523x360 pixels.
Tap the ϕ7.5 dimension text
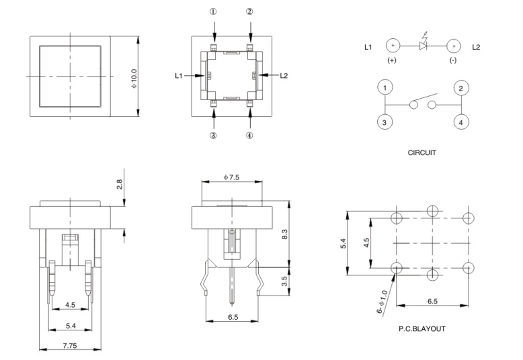(231, 177)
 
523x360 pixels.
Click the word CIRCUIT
(422, 152)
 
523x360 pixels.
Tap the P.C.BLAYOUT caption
(422, 329)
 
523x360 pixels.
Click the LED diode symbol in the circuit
(423, 46)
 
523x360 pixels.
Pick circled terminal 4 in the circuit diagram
(461, 122)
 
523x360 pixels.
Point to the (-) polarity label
(453, 60)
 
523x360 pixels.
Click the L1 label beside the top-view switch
(179, 76)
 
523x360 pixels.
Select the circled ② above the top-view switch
(249, 11)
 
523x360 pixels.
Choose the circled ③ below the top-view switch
(213, 135)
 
